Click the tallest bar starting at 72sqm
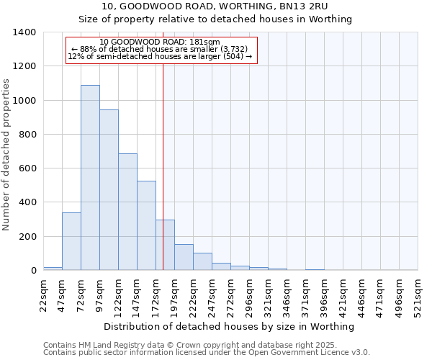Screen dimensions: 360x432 pyautogui.click(x=90, y=178)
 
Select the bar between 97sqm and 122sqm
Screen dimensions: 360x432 pyautogui.click(x=109, y=190)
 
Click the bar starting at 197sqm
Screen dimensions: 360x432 pyautogui.click(x=184, y=257)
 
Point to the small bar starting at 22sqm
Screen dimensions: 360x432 pyautogui.click(x=53, y=269)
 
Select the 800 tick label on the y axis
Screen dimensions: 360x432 pyautogui.click(x=27, y=135)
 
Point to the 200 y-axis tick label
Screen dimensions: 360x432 pyautogui.click(x=27, y=237)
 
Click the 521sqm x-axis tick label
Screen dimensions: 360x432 pyautogui.click(x=418, y=294)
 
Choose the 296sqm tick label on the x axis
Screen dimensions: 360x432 pyautogui.click(x=249, y=294)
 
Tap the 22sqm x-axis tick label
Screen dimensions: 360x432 pyautogui.click(x=43, y=294)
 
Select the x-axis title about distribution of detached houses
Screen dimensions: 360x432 pyautogui.click(x=230, y=327)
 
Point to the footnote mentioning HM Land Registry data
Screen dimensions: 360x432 pyautogui.click(x=205, y=345)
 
